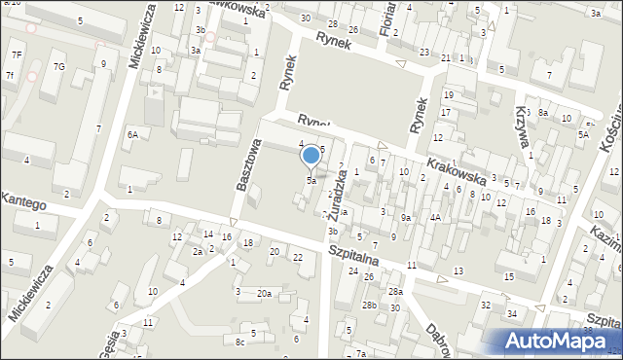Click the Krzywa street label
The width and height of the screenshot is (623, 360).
[525, 127]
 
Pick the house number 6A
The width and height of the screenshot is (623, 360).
[131, 135]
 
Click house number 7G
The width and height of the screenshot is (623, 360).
[59, 66]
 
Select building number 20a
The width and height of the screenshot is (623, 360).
[264, 293]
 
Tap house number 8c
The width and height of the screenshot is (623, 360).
[239, 342]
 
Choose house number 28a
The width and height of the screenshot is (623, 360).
[395, 292]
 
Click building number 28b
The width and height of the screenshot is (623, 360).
[370, 306]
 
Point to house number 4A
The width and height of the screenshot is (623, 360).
[436, 217]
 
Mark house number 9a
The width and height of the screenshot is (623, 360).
[406, 217]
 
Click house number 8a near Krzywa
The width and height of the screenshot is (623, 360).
[544, 113]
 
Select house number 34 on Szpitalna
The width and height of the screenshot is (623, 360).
[512, 313]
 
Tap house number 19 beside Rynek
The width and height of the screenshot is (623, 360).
[448, 94]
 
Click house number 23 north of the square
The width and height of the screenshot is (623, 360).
[424, 52]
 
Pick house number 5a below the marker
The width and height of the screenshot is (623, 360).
[311, 181]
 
